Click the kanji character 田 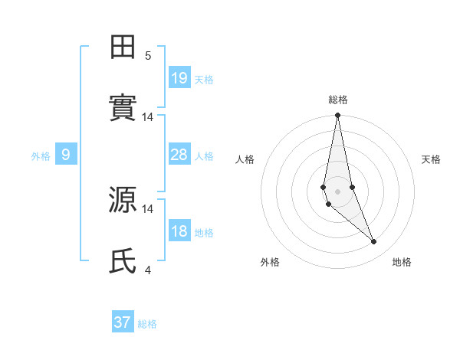[x=123, y=47]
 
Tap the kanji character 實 [x=123, y=108]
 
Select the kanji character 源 [x=123, y=199]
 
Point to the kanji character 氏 [x=123, y=260]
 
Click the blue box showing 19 [x=179, y=78]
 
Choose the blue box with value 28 [x=179, y=155]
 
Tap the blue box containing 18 [x=179, y=231]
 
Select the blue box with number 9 [x=66, y=155]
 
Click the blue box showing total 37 [x=122, y=322]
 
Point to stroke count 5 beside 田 [x=148, y=55]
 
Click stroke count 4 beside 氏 [x=148, y=270]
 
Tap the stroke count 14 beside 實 [x=148, y=116]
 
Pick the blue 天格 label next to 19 [x=204, y=80]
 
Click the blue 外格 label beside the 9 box [x=41, y=156]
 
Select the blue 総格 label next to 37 [x=147, y=324]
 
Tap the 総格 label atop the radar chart [x=338, y=100]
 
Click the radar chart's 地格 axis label [x=402, y=262]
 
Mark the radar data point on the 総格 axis [x=337, y=116]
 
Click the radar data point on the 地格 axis [x=374, y=242]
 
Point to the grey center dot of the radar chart [x=337, y=191]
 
